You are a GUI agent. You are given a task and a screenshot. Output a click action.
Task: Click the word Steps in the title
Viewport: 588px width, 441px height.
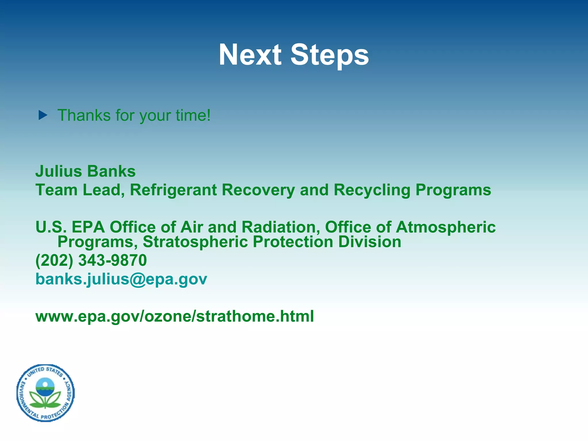click(330, 55)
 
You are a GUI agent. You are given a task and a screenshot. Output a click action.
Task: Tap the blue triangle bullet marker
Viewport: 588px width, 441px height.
click(43, 115)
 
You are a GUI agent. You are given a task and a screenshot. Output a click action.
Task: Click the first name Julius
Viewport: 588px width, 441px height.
click(59, 171)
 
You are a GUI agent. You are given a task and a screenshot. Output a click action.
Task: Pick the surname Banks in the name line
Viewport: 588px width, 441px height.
click(111, 171)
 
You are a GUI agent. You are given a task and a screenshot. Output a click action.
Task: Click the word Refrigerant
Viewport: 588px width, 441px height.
click(173, 190)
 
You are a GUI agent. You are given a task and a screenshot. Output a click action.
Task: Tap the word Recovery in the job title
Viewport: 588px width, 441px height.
click(258, 190)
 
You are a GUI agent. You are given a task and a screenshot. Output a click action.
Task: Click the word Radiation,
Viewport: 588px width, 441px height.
click(281, 227)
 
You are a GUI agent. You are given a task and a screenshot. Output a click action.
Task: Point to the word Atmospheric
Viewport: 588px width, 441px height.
click(446, 228)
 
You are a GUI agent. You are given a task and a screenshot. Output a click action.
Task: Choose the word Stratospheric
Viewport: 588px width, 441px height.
click(195, 242)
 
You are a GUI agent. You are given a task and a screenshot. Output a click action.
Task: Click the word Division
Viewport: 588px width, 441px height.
click(370, 242)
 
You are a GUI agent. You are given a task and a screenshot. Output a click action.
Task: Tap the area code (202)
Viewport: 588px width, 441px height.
click(54, 260)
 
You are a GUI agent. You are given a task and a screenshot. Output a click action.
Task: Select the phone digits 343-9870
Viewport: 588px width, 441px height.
click(112, 260)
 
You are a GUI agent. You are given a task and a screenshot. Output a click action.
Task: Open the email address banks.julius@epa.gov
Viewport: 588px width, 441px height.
click(121, 279)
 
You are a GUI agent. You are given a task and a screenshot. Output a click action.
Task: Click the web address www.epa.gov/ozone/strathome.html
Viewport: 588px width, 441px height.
click(175, 316)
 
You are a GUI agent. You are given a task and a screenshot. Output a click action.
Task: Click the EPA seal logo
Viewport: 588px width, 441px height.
click(45, 393)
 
